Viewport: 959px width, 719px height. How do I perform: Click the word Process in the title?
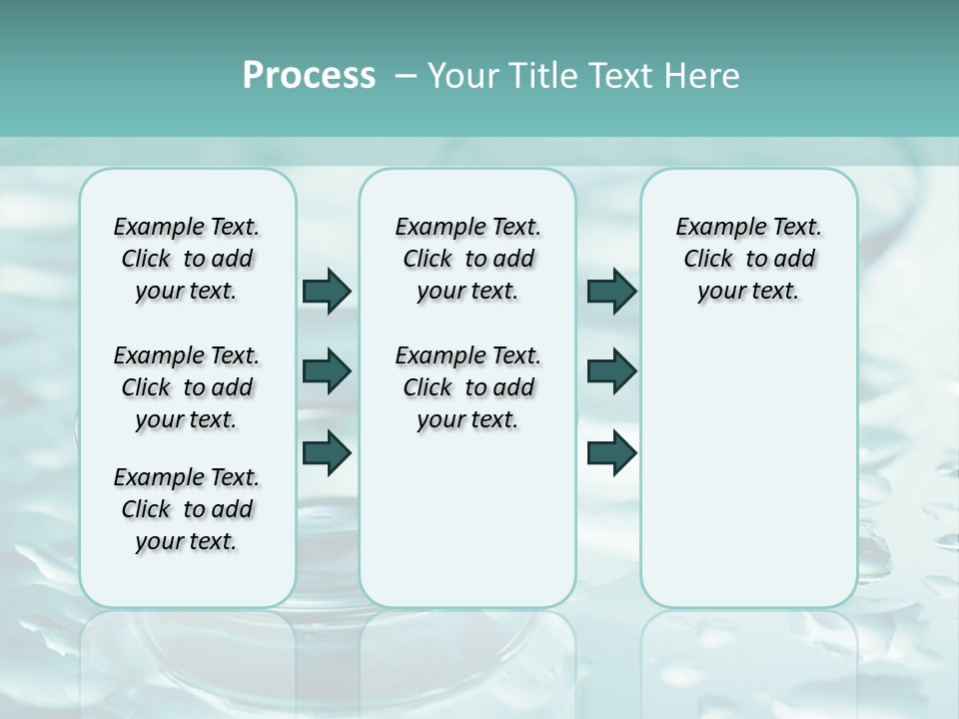309,76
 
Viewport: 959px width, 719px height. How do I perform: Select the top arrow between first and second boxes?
327,291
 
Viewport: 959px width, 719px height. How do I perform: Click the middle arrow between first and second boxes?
327,371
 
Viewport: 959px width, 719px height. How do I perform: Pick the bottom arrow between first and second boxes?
327,452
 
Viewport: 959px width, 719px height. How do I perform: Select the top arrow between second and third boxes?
611,291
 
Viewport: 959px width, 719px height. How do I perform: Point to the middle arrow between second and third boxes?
611,371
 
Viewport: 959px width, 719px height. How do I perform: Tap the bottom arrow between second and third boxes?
611,452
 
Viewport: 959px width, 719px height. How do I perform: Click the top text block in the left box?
187,259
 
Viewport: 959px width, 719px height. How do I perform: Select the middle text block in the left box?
187,387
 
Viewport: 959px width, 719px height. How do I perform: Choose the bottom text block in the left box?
187,509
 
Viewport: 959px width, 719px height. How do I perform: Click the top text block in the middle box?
468,259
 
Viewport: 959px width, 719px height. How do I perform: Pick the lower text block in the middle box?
468,387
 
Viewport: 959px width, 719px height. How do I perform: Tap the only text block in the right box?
748,259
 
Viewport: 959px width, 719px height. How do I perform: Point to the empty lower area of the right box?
748,459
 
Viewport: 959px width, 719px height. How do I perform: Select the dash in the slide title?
406,76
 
